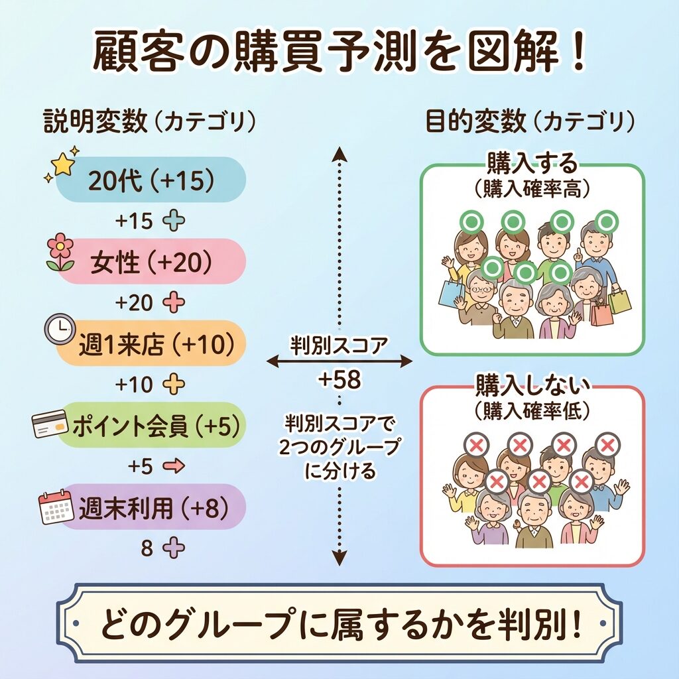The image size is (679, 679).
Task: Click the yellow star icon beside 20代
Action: (x=62, y=163)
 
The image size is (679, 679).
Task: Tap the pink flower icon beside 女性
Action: (x=60, y=252)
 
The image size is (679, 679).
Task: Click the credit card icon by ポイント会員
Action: (x=50, y=424)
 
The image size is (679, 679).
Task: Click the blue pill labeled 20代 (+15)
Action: (x=151, y=180)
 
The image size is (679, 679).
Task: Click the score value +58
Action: (x=339, y=380)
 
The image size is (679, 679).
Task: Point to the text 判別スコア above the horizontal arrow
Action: (x=339, y=345)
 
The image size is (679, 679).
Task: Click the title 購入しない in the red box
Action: (x=532, y=386)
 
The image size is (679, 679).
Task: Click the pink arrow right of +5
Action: (x=173, y=466)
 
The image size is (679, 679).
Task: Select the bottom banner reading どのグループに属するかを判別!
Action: (x=339, y=623)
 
